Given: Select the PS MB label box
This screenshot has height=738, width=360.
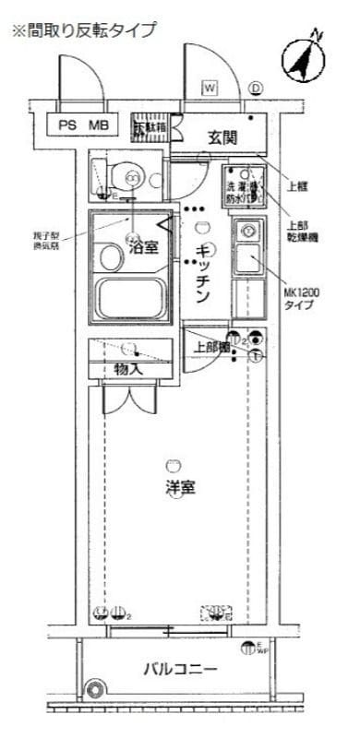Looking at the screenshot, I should pos(84,125).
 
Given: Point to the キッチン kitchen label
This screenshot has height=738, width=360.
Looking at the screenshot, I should pos(205,272).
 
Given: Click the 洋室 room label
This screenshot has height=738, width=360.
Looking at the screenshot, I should pos(179,487).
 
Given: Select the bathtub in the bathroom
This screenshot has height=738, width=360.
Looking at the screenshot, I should pos(129,300).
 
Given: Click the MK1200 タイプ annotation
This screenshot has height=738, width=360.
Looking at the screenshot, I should pos(301,297).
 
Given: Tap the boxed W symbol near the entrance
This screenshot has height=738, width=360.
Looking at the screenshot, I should pos(210,88).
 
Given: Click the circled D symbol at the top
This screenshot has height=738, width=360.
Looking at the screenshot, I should pos(256,89).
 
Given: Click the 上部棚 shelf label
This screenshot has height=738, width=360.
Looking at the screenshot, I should pos(210,348).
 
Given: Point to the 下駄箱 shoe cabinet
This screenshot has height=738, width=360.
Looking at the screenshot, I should pos(150,126).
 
